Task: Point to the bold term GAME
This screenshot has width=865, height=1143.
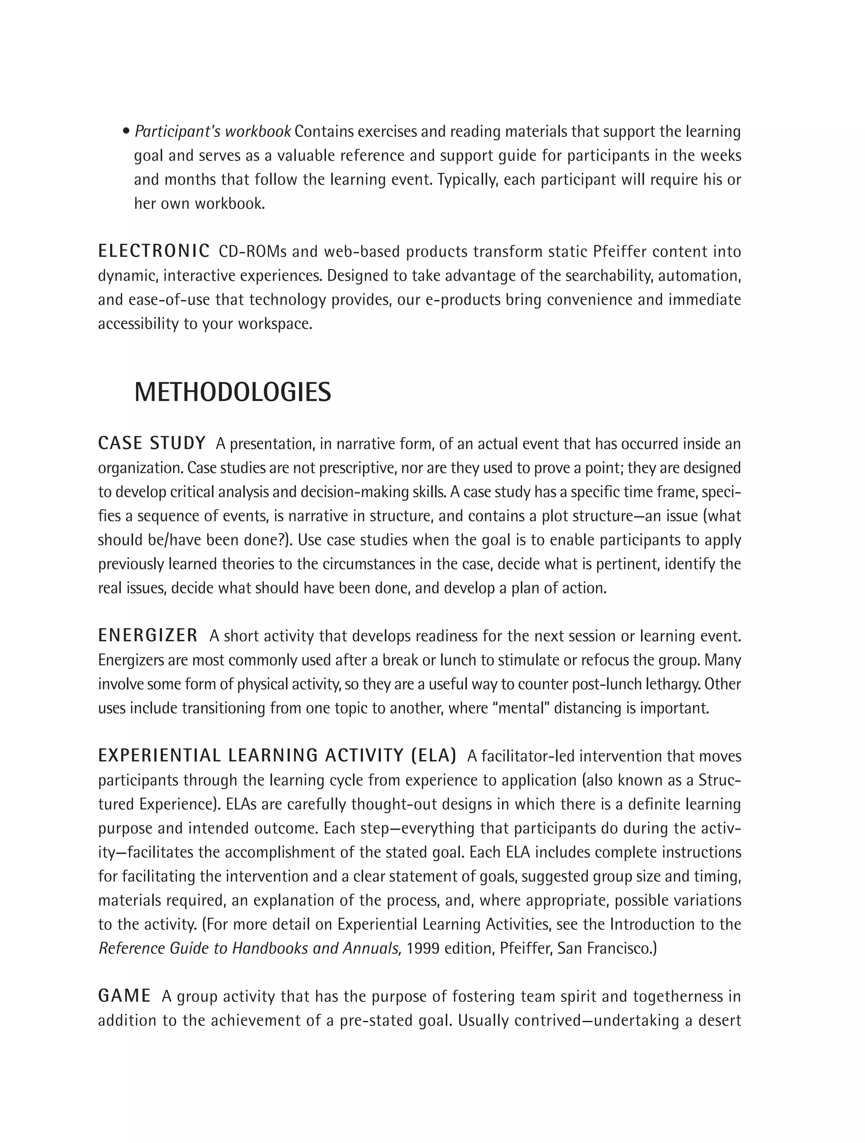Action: (124, 995)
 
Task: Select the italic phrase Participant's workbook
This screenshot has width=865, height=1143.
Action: (212, 132)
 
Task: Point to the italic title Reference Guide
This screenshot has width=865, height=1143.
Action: (163, 949)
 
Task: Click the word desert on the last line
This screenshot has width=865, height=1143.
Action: (720, 1020)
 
